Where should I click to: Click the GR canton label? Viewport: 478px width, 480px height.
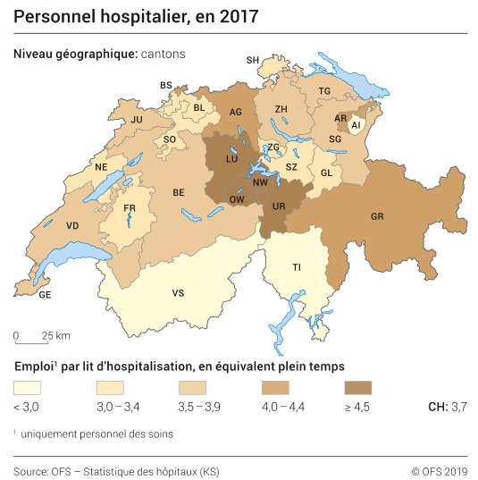[x=378, y=216]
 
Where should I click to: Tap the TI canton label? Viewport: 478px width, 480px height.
[x=297, y=267]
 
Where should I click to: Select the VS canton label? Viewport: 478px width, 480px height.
[x=179, y=292]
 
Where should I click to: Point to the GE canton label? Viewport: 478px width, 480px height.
[x=45, y=294]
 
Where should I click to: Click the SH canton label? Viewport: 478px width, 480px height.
[x=253, y=60]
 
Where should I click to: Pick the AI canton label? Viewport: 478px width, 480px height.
[x=356, y=126]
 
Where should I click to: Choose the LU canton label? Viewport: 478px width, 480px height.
[x=231, y=158]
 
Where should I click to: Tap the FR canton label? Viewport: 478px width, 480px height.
[x=130, y=209]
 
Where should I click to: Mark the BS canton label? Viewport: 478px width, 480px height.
[x=166, y=85]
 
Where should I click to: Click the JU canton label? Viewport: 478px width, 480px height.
[x=137, y=119]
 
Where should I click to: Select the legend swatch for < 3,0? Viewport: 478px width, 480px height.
[x=27, y=388]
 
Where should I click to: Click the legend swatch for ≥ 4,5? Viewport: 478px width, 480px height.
[x=357, y=388]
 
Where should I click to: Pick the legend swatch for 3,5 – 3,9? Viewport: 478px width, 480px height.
[x=192, y=388]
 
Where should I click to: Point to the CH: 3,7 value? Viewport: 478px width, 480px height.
[x=449, y=407]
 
